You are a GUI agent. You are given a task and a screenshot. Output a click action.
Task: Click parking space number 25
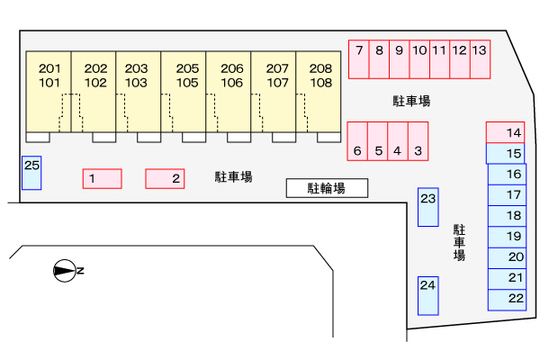point(31,173)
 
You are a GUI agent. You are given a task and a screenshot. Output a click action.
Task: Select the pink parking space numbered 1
point(103,179)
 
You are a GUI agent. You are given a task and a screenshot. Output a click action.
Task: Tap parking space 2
point(165,179)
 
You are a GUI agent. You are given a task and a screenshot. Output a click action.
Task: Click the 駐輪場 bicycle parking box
point(328,188)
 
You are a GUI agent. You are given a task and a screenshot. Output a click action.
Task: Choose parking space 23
point(428,207)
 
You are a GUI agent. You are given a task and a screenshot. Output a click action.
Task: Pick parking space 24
point(428,296)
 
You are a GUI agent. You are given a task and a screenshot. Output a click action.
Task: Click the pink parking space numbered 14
point(506,132)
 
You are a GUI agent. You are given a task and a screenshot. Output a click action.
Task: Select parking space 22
point(507,300)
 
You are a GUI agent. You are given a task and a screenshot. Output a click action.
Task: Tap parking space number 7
point(359,59)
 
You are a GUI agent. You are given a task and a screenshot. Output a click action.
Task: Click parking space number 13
point(480,59)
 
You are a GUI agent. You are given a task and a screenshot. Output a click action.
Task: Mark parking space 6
point(357,141)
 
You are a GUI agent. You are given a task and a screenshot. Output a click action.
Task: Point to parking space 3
point(418,141)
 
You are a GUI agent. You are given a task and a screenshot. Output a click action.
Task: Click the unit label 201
point(49,68)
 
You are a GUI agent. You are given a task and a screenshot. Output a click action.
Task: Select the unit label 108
point(321,83)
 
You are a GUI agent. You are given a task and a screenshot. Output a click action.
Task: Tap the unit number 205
point(187,68)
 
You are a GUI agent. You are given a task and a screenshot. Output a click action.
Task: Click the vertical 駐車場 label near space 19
point(459,243)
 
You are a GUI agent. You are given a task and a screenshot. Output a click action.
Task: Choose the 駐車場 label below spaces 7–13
point(411,101)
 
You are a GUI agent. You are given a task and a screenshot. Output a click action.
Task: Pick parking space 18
point(507,216)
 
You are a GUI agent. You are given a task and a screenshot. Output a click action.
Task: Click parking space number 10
point(419,59)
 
